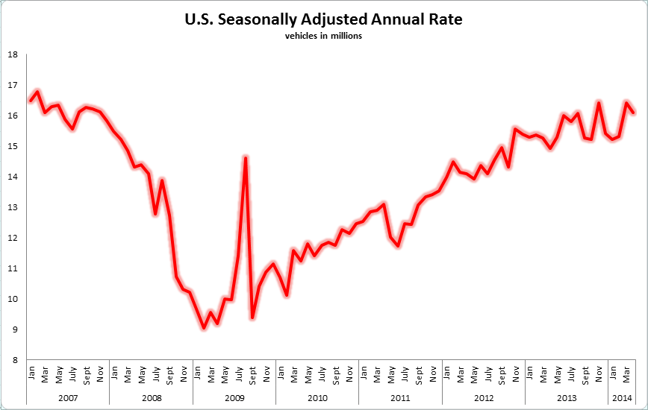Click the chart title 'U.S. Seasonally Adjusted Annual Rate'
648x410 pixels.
click(x=323, y=20)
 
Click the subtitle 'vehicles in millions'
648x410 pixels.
click(x=323, y=37)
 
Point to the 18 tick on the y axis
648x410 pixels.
click(x=13, y=54)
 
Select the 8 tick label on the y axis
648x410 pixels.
click(x=15, y=360)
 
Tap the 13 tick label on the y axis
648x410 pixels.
click(x=13, y=207)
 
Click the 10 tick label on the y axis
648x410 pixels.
click(x=13, y=299)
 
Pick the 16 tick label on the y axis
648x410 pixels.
click(x=13, y=116)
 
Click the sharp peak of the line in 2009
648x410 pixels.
click(x=246, y=157)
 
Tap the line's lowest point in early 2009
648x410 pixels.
click(x=204, y=327)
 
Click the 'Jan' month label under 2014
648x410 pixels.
click(x=613, y=370)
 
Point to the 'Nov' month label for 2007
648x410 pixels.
click(x=100, y=370)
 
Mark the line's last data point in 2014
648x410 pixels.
click(x=634, y=113)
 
